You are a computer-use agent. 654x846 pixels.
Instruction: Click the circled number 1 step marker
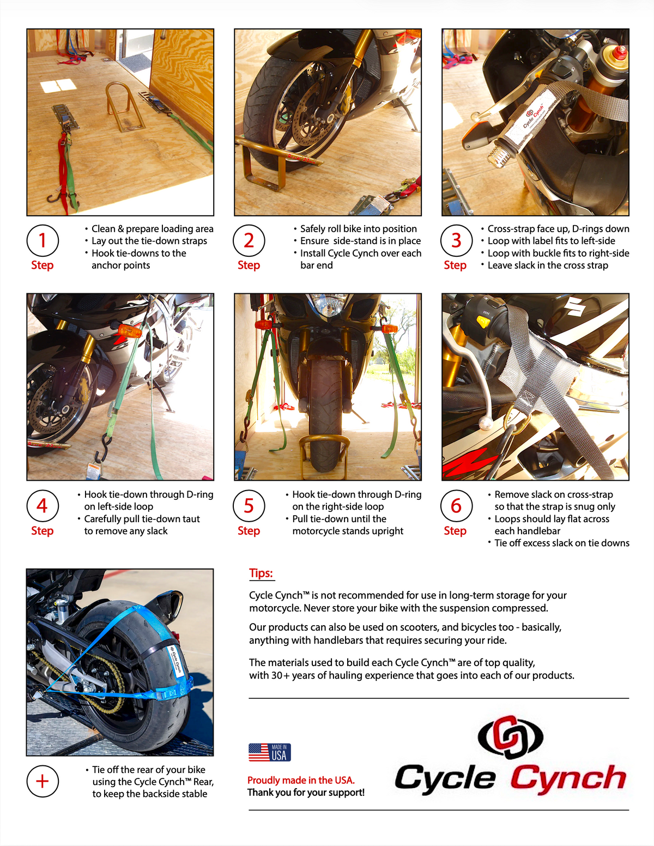(x=43, y=240)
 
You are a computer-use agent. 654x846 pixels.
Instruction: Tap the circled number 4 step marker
(x=43, y=506)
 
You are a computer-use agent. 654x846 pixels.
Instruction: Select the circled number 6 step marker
(x=456, y=506)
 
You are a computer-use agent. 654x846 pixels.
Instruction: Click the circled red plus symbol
(x=43, y=781)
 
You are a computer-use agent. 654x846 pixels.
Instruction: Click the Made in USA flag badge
(x=270, y=752)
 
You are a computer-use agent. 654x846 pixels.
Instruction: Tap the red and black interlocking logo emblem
(x=511, y=737)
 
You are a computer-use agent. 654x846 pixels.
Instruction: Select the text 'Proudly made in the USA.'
(x=301, y=780)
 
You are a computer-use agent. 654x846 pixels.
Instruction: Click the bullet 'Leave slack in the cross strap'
(x=548, y=265)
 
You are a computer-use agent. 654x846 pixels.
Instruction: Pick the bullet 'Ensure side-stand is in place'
(x=360, y=240)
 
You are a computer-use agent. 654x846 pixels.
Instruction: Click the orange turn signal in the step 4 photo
(x=130, y=330)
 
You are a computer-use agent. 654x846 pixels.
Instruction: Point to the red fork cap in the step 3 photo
(x=619, y=52)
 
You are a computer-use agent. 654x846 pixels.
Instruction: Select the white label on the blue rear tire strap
(x=176, y=659)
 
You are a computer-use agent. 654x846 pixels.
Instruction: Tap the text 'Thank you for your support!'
(x=306, y=792)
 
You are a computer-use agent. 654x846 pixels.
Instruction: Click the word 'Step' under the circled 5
(x=249, y=530)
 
